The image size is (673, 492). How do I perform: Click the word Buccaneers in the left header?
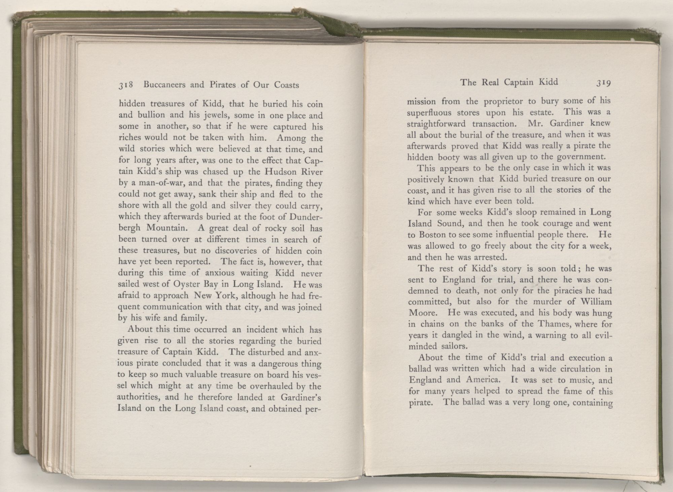(x=164, y=85)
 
